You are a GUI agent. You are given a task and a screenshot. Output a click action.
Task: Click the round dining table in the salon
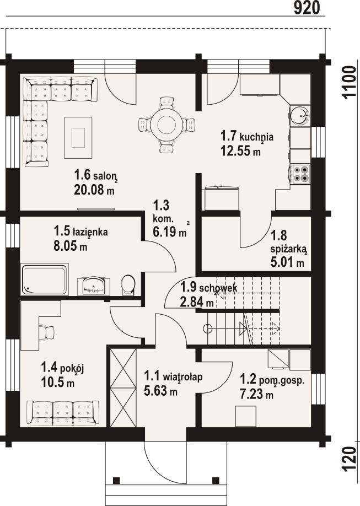coord(166,125)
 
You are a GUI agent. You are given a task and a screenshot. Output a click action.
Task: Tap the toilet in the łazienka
coord(128,285)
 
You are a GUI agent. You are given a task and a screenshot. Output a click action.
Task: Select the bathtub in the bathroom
coord(45,279)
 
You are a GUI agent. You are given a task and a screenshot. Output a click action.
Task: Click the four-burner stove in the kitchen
coord(300,174)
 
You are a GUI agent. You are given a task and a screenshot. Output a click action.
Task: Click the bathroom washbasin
coord(94,286)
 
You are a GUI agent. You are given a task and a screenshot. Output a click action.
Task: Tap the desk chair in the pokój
coord(47,332)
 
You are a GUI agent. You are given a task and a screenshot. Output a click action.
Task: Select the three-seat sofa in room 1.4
coord(63,413)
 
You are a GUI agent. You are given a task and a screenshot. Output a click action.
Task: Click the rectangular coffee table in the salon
coord(78,137)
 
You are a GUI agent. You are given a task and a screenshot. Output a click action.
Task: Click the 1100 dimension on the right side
coord(349,83)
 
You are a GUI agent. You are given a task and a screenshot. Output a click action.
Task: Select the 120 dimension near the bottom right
coord(349,459)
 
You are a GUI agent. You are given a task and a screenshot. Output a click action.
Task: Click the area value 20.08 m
coord(94,190)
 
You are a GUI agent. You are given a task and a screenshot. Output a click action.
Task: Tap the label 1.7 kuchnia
coord(247,136)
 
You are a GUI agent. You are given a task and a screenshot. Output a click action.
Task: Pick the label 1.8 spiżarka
coord(288,242)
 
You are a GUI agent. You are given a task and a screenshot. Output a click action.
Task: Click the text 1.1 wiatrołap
coord(173,376)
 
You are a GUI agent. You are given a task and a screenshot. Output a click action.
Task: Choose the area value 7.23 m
coord(256,394)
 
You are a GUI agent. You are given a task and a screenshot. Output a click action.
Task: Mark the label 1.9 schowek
coord(208,287)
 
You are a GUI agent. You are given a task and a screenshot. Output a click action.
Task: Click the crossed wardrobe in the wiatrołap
coord(123,387)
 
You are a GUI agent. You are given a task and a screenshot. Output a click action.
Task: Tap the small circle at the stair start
coord(208,329)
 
